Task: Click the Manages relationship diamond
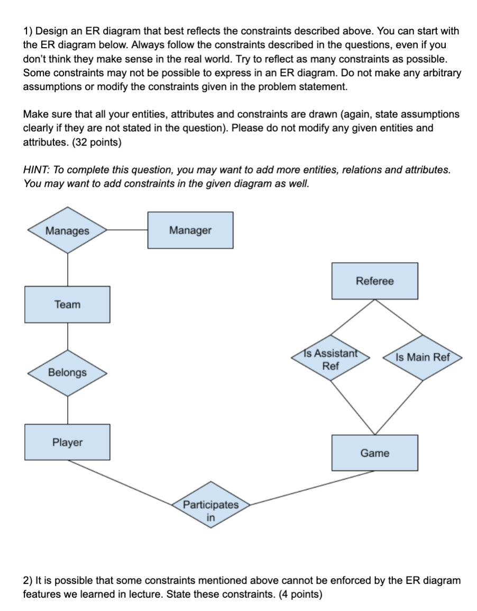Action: [x=67, y=231]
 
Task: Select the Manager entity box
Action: [x=190, y=230]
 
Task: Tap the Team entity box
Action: [x=67, y=304]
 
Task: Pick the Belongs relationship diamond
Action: [x=67, y=372]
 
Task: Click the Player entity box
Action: [x=67, y=442]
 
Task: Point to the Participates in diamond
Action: [x=210, y=505]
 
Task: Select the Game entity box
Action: [x=374, y=453]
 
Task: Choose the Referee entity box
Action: [x=374, y=281]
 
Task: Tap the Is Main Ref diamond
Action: [x=423, y=357]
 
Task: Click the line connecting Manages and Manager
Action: [x=127, y=230]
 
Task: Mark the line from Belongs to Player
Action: [x=67, y=410]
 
